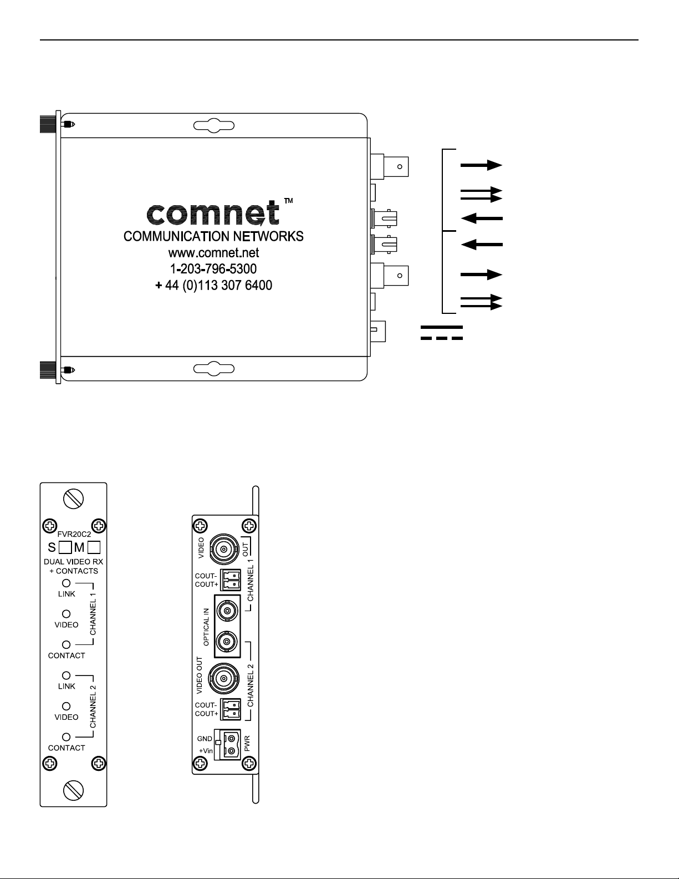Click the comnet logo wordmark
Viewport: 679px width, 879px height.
[x=213, y=213]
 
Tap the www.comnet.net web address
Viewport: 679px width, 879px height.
[x=214, y=253]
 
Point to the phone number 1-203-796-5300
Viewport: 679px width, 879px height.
[x=214, y=269]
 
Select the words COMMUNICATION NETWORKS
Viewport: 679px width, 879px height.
[x=213, y=236]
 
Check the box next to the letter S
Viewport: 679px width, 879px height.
[x=65, y=548]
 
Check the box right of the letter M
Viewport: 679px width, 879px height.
[x=94, y=548]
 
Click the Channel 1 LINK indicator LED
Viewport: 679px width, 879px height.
[x=66, y=583]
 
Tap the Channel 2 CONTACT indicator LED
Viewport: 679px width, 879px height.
[x=66, y=737]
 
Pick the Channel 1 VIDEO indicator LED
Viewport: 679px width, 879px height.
[x=66, y=614]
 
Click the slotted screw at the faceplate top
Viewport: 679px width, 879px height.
[x=74, y=499]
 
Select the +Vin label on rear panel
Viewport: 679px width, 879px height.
[x=206, y=750]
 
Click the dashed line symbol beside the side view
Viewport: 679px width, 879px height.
[x=442, y=338]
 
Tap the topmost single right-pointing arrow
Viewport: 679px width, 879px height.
[x=481, y=165]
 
